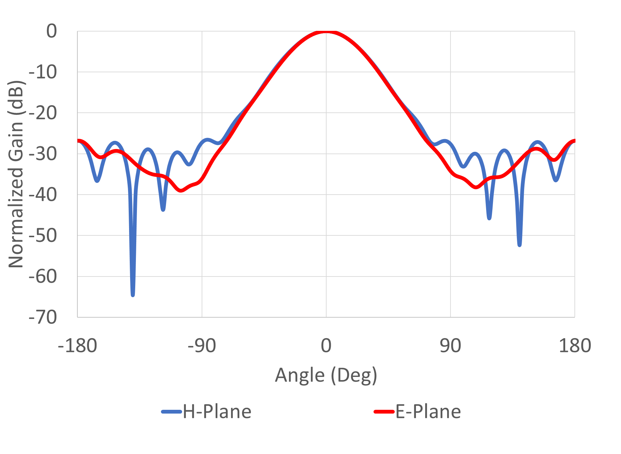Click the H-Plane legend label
click(217, 412)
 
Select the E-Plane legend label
click(428, 412)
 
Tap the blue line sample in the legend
click(172, 412)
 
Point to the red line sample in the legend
click(384, 412)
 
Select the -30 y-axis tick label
click(43, 154)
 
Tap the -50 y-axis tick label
click(43, 236)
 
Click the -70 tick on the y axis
click(43, 317)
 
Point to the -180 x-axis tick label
click(78, 345)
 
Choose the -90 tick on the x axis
click(202, 345)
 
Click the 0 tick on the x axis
click(326, 345)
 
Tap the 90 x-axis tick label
click(450, 345)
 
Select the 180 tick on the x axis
click(574, 345)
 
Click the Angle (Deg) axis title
click(326, 375)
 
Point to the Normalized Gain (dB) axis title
click(16, 174)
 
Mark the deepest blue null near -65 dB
click(133, 295)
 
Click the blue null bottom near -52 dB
click(520, 245)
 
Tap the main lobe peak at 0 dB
click(326, 32)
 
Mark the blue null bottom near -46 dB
click(489, 218)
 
